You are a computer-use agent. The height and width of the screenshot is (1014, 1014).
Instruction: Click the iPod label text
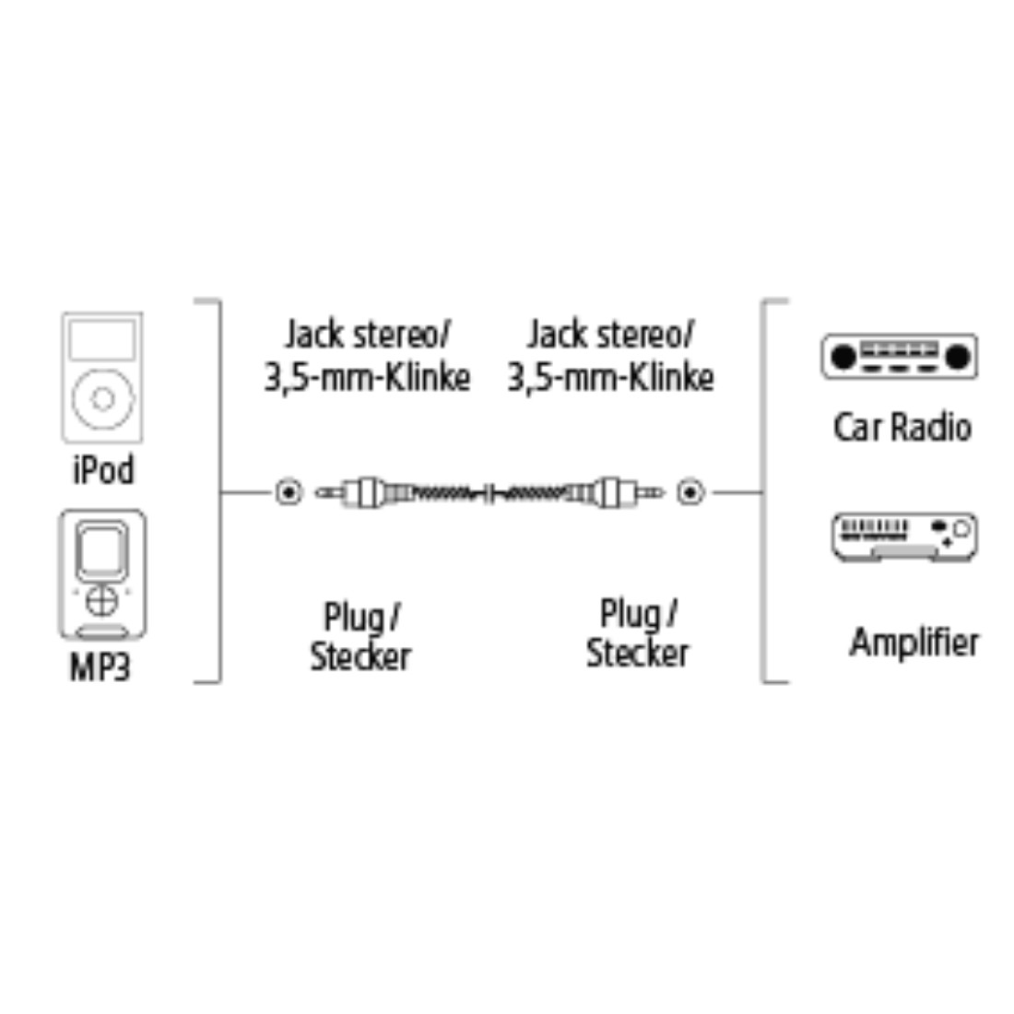[103, 470]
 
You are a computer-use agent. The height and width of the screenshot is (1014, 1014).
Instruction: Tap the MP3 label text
[100, 667]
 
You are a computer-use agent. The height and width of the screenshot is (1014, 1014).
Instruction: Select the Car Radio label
[902, 428]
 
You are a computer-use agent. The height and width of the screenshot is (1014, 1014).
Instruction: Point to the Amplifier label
[914, 643]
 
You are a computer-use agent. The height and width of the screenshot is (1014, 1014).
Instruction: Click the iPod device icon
[102, 378]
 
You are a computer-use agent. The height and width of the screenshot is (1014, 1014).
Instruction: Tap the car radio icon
[900, 357]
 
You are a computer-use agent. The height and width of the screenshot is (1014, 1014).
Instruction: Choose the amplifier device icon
[904, 536]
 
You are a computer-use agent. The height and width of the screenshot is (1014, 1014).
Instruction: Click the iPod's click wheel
[103, 399]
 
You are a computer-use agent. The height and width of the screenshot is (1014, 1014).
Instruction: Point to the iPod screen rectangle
[102, 339]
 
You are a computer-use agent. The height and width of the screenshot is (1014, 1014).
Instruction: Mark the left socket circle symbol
[289, 493]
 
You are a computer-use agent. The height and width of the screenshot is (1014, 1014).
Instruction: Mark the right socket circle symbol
[690, 493]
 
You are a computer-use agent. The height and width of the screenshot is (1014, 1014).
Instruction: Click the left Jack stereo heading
[367, 335]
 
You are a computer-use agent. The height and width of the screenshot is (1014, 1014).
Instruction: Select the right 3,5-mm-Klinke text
[610, 378]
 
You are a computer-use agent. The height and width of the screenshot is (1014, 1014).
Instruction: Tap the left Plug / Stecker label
[360, 638]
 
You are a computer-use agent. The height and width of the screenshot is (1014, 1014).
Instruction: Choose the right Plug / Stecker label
[638, 633]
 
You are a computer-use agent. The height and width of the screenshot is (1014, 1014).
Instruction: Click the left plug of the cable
[362, 493]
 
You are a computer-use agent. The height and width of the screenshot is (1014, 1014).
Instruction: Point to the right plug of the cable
[614, 493]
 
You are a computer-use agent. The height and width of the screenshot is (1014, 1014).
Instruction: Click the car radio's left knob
[843, 357]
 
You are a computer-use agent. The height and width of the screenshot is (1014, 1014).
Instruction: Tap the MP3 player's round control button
[101, 601]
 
